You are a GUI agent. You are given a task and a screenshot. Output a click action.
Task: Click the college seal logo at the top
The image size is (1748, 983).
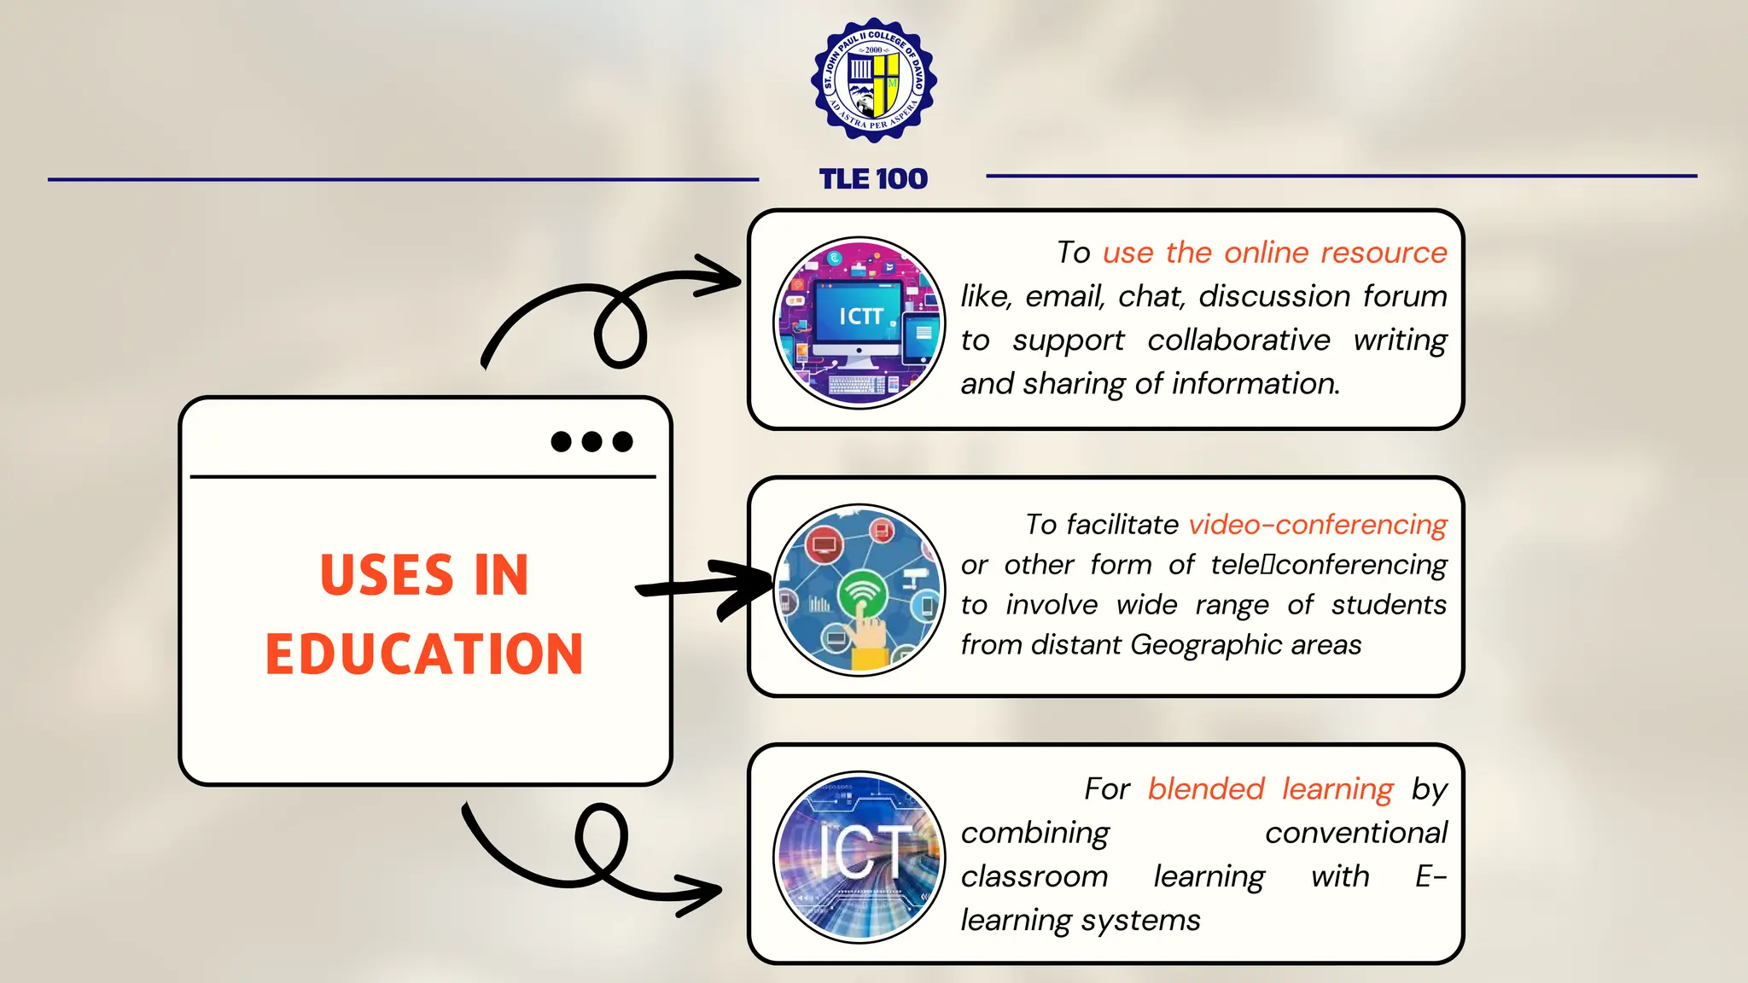coord(873,81)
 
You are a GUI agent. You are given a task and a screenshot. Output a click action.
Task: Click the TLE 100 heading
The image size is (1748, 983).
coord(873,179)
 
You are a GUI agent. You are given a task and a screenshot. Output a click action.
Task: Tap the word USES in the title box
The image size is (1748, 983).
coord(386,575)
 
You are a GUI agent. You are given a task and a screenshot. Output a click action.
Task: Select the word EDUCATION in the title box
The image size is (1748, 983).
coord(424,654)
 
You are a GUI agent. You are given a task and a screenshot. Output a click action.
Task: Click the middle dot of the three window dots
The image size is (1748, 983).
coord(591,441)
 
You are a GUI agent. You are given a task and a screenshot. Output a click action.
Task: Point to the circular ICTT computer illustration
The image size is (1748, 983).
coord(859,323)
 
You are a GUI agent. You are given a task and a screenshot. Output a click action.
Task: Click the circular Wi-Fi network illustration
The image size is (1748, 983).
coord(859,590)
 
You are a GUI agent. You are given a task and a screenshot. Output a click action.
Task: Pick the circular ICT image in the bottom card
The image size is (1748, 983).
coord(859,857)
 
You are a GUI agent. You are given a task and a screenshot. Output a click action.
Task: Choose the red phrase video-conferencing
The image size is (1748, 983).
coord(1318,524)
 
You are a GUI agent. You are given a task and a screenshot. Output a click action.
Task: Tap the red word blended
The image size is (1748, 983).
coord(1205,788)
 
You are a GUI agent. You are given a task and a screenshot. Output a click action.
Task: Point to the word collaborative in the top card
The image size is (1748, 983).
coord(1238,340)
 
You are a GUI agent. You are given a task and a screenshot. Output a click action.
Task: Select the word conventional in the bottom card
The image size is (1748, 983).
coord(1355,832)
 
